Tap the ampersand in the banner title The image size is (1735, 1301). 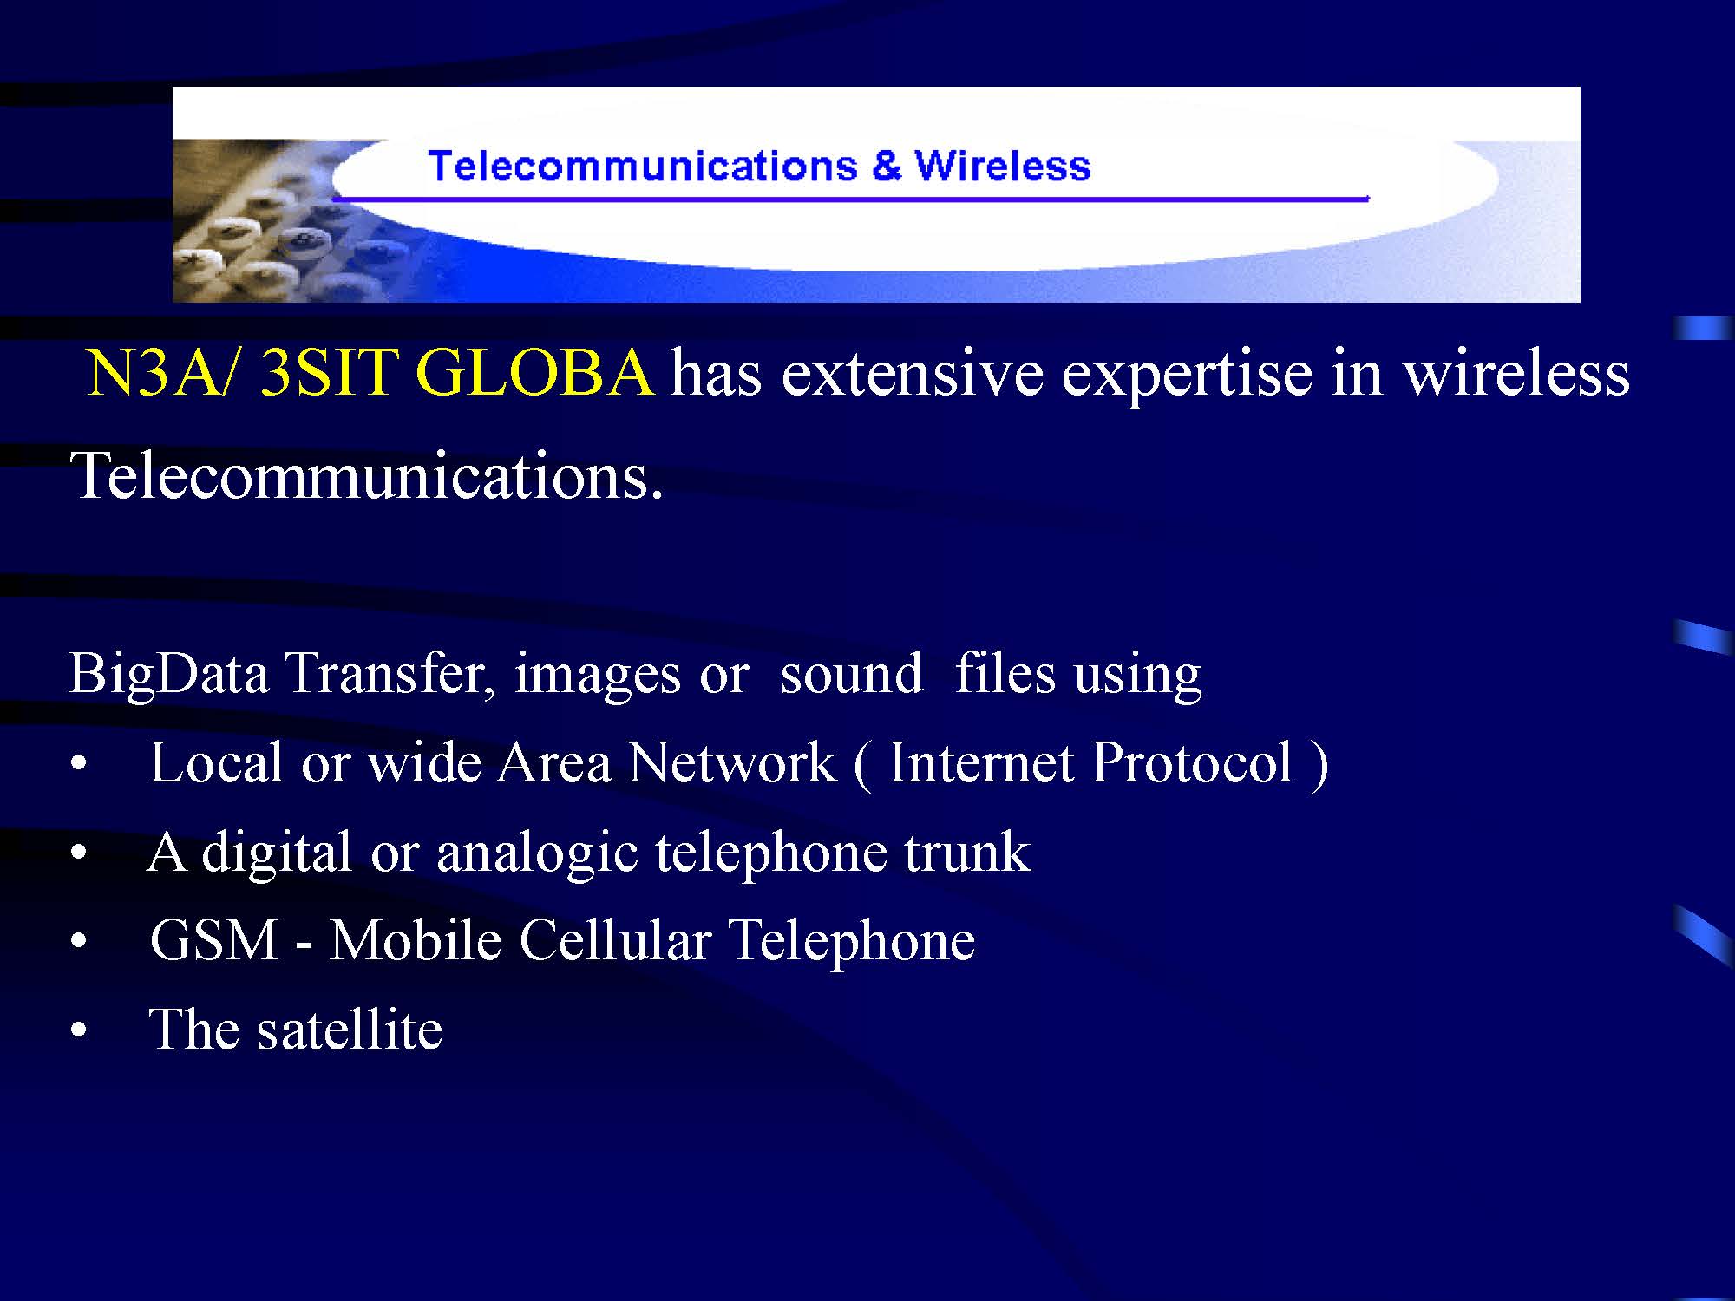[887, 167]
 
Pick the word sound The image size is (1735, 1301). [851, 675]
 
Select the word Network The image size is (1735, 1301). [732, 762]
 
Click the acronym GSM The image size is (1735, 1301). [213, 940]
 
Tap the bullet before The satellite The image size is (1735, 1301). [79, 1031]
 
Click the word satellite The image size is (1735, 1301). [350, 1030]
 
